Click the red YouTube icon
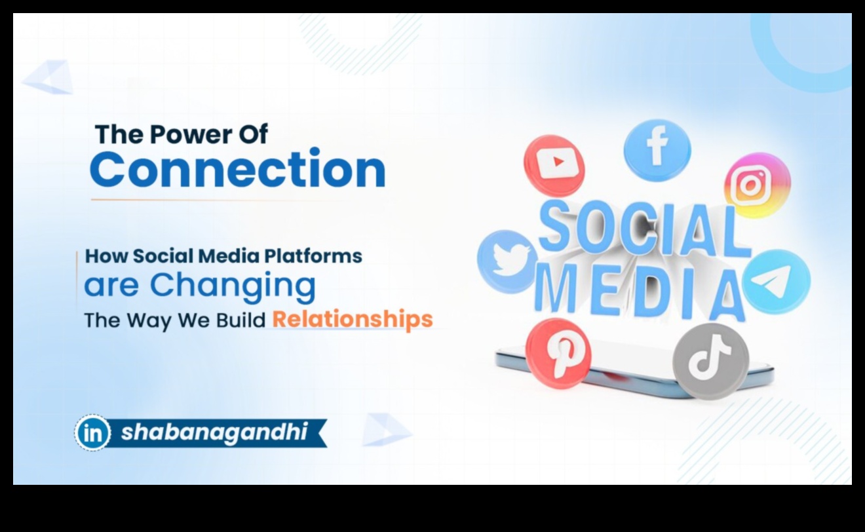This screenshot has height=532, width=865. pos(554,165)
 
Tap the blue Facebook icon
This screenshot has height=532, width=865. pos(657,150)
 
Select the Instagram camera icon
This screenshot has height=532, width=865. pos(758,185)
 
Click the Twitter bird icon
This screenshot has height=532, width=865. pos(507,262)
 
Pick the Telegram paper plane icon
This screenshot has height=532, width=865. pos(776,282)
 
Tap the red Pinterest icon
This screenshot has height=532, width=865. pos(558,353)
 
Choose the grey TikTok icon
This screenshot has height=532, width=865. pos(711,361)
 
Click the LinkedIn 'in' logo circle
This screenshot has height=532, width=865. pos(92,433)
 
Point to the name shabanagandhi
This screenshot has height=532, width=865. pos(214,432)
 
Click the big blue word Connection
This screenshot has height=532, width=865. pos(237,169)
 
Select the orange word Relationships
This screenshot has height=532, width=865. pos(353,320)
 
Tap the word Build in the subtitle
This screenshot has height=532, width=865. pos(240,320)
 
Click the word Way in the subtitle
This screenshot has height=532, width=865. pos(149,321)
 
